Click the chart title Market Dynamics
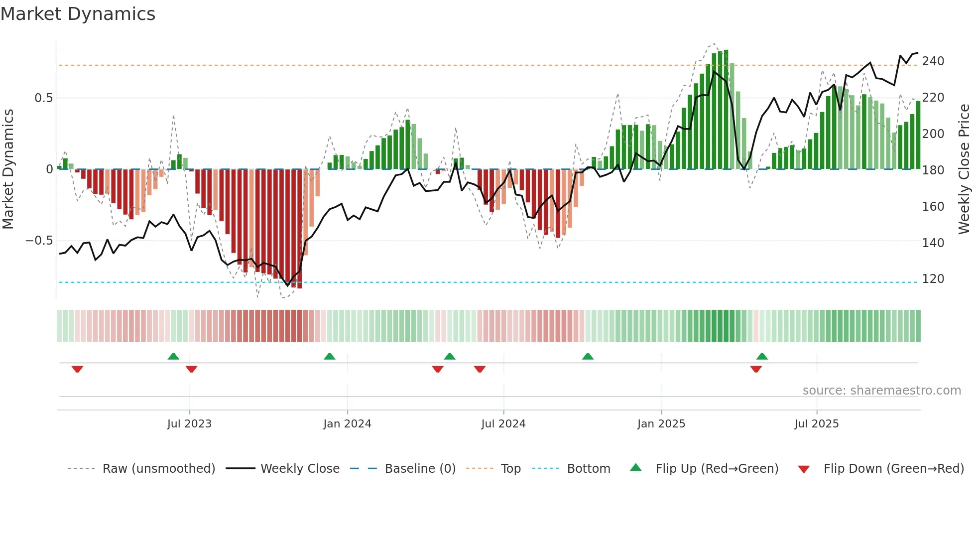[78, 14]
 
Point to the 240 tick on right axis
[933, 61]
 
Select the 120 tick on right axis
[933, 279]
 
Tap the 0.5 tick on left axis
[43, 98]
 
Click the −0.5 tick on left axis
[39, 241]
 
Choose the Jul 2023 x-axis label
[189, 424]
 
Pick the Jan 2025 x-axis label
[661, 424]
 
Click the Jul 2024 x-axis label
[503, 424]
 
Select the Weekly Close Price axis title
[964, 169]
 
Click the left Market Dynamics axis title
[8, 169]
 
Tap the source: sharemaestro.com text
[881, 391]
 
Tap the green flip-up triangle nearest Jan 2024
[329, 356]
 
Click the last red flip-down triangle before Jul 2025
[756, 369]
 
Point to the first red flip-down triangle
[77, 369]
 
